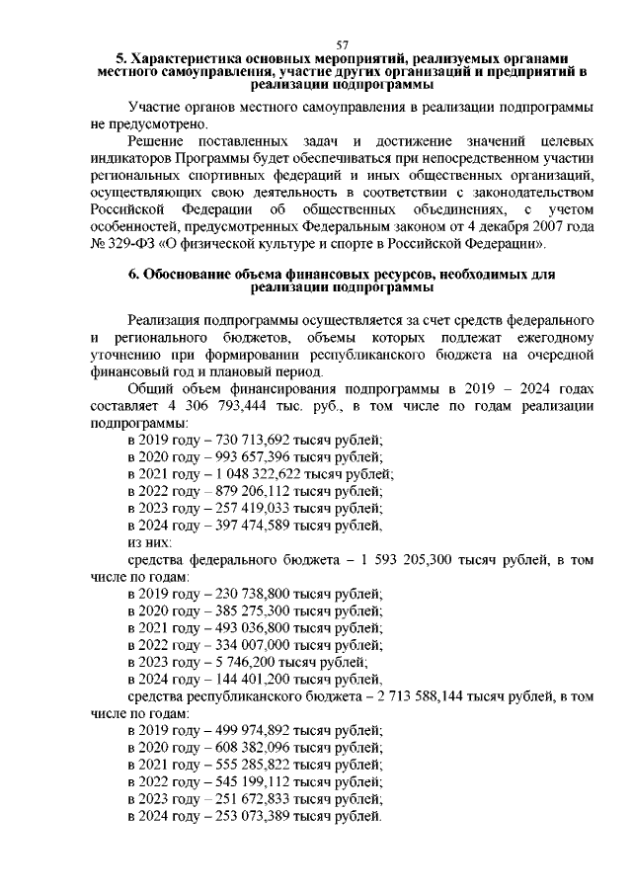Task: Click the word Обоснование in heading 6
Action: [x=198, y=274]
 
